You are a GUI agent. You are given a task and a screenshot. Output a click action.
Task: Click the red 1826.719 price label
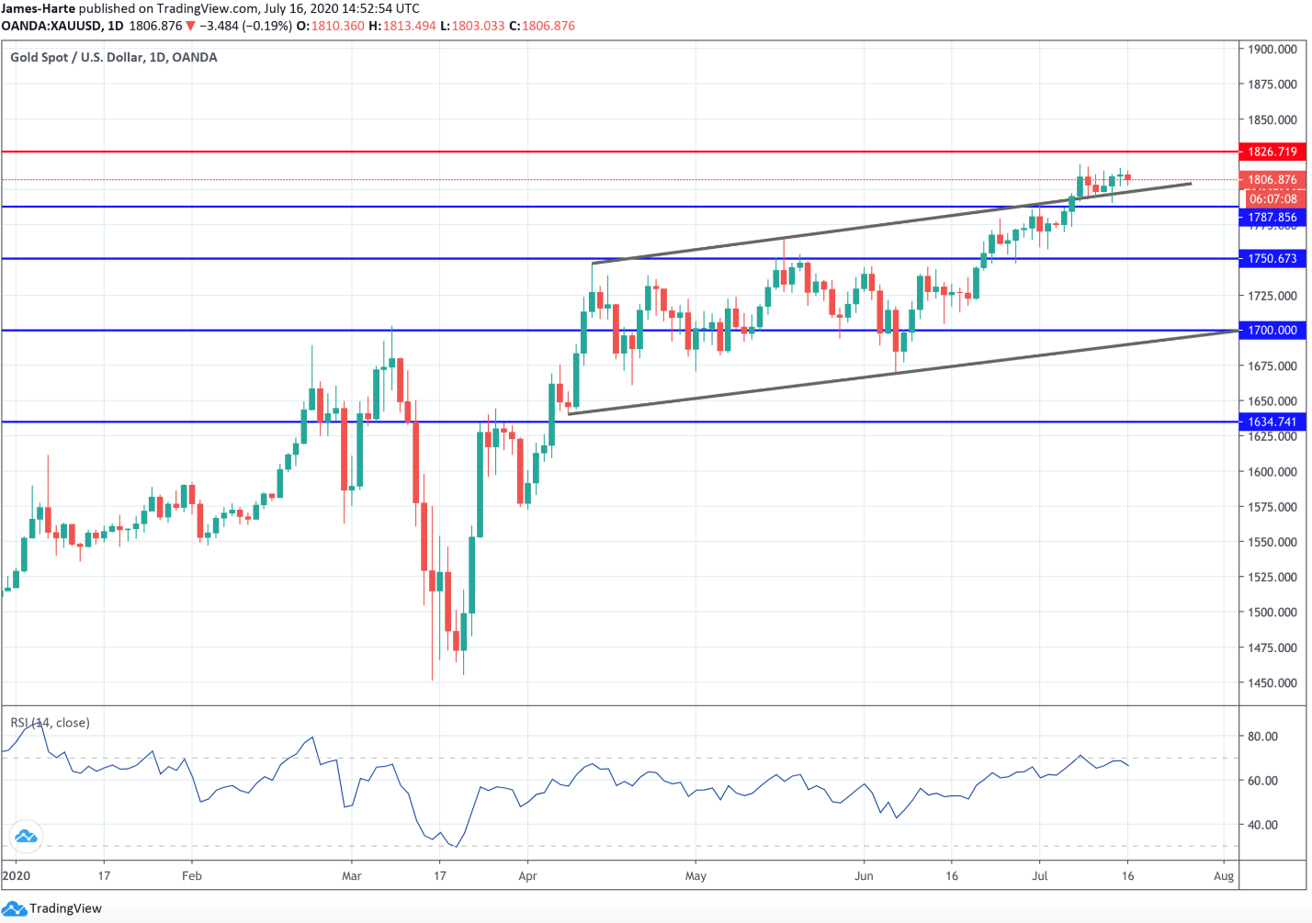[x=1272, y=152]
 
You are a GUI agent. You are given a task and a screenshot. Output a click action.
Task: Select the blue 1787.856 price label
[x=1272, y=218]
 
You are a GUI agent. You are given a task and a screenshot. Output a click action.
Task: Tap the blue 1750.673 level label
[x=1272, y=259]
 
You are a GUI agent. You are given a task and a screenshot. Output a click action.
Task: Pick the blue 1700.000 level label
[x=1272, y=330]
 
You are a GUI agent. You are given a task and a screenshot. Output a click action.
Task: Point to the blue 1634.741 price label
[x=1272, y=422]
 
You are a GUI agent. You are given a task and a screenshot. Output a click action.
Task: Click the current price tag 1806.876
[x=1272, y=180]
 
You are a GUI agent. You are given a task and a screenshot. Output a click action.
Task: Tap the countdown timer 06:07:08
[x=1272, y=199]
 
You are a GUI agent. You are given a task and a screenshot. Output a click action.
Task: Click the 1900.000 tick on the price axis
[x=1272, y=50]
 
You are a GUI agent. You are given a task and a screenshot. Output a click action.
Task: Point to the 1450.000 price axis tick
[x=1272, y=683]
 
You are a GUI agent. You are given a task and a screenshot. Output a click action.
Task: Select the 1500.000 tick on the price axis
[x=1272, y=613]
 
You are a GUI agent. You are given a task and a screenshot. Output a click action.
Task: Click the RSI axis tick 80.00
[x=1262, y=737]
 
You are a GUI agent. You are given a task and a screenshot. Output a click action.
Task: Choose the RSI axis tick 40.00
[x=1262, y=825]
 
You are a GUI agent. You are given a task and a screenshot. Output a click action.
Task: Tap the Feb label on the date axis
[x=191, y=876]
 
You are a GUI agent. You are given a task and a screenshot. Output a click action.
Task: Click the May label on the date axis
[x=696, y=876]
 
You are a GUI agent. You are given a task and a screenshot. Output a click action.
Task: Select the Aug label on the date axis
[x=1223, y=876]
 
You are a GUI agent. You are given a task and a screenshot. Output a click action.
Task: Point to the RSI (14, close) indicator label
[x=51, y=723]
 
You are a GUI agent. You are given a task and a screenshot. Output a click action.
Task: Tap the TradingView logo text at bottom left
[x=65, y=908]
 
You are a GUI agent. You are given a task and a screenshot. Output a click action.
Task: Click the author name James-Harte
[x=38, y=8]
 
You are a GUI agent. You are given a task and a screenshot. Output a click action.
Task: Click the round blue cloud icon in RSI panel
[x=25, y=836]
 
